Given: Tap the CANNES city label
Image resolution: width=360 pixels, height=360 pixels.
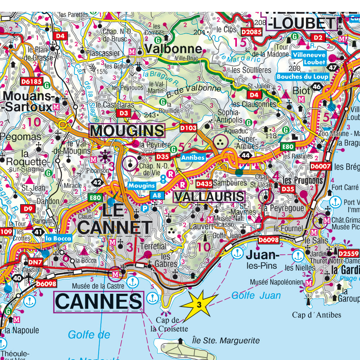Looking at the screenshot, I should [98, 302].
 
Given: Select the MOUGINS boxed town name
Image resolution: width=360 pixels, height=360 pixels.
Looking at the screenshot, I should [127, 131].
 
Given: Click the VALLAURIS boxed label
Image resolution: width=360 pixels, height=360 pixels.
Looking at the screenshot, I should [209, 197].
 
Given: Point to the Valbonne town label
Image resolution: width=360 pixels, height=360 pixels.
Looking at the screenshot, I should [173, 49].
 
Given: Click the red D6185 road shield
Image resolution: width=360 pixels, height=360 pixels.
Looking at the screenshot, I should [32, 81].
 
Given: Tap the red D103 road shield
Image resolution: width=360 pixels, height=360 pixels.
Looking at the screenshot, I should [188, 127].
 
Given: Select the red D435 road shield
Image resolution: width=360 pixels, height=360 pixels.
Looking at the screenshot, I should [204, 184].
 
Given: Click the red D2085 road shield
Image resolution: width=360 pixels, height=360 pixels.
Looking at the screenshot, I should [251, 32].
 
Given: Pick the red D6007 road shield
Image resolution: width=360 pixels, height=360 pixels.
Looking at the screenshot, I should [320, 166].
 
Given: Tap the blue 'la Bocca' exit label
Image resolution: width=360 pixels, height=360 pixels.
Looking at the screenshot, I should [58, 238].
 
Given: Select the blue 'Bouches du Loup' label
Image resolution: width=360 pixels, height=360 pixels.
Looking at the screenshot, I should [302, 77].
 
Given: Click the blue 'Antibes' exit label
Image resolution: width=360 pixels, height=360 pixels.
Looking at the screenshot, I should [193, 157].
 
